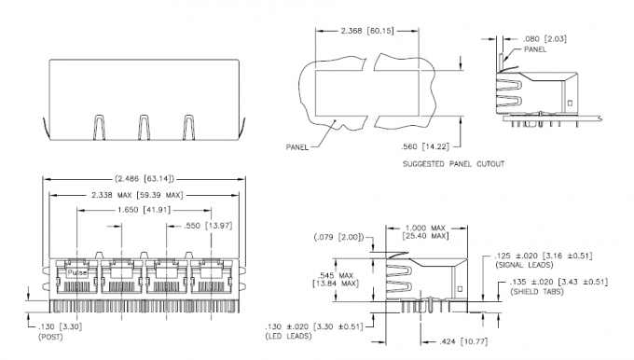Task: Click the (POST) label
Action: (x=50, y=336)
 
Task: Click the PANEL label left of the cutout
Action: (x=297, y=147)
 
